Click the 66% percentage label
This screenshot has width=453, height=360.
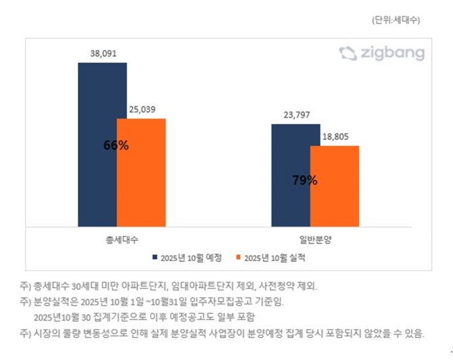(116, 145)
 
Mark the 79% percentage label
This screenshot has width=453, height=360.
(305, 181)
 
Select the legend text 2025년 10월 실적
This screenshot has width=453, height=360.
(275, 257)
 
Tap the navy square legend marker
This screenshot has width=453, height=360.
(155, 257)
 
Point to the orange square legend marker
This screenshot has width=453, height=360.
(237, 257)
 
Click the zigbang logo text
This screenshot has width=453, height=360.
(393, 53)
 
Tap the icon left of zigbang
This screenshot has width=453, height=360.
(348, 53)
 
